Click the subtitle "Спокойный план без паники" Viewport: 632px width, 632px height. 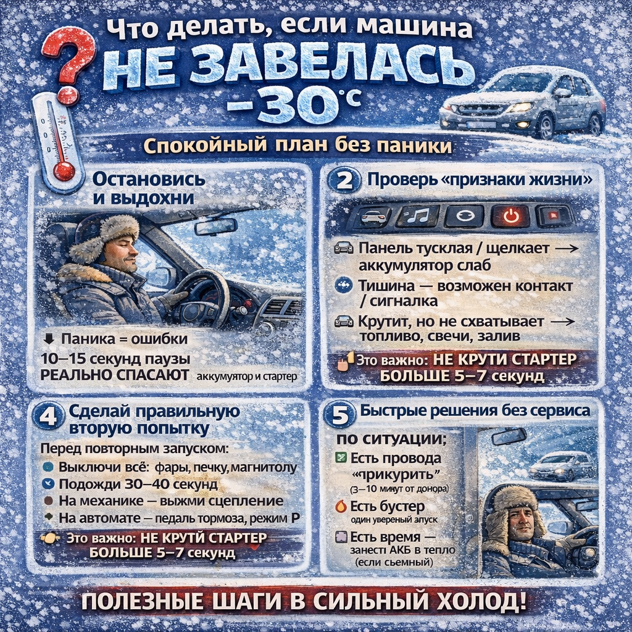(x=297, y=146)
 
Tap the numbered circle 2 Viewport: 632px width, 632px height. (x=343, y=181)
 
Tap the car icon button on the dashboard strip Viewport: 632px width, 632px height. (x=370, y=217)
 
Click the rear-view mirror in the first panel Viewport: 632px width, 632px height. (x=215, y=227)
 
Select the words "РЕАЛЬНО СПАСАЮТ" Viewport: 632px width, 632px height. (x=114, y=375)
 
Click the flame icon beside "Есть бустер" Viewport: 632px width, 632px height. (x=341, y=507)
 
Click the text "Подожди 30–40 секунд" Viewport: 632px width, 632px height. (x=138, y=484)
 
